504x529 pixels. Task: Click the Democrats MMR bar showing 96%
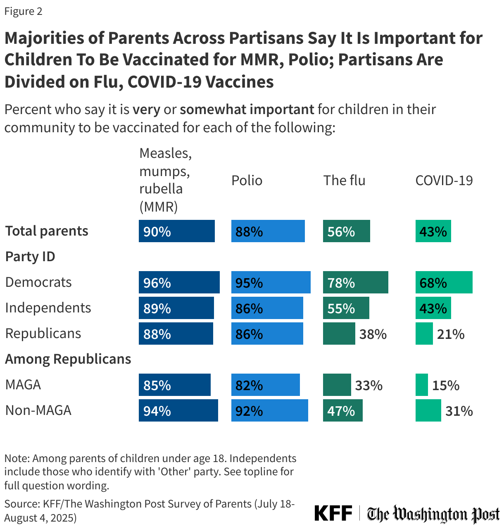pos(179,282)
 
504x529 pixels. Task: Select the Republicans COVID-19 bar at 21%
pos(424,334)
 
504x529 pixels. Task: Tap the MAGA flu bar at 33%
pos(337,385)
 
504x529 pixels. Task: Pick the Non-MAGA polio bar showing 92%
pos(269,410)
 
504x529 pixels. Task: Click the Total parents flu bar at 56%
pos(346,231)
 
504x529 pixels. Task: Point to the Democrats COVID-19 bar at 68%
pos(444,282)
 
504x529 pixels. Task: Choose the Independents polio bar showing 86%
pos(267,308)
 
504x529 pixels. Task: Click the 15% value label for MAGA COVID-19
pos(446,385)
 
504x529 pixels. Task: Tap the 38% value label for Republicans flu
pos(373,334)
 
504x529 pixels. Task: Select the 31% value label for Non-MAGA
pos(459,411)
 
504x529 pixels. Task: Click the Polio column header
pos(247,180)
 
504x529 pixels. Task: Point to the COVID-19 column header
pos(444,180)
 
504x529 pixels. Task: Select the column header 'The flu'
pos(344,180)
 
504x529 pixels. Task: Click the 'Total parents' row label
pos(47,231)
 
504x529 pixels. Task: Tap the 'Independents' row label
pos(48,307)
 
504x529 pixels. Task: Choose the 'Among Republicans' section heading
pos(68,359)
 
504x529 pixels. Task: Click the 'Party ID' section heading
pos(30,256)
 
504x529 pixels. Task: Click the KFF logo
pos(333,513)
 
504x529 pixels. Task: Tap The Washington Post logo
pos(433,514)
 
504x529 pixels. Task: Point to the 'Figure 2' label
pos(23,11)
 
